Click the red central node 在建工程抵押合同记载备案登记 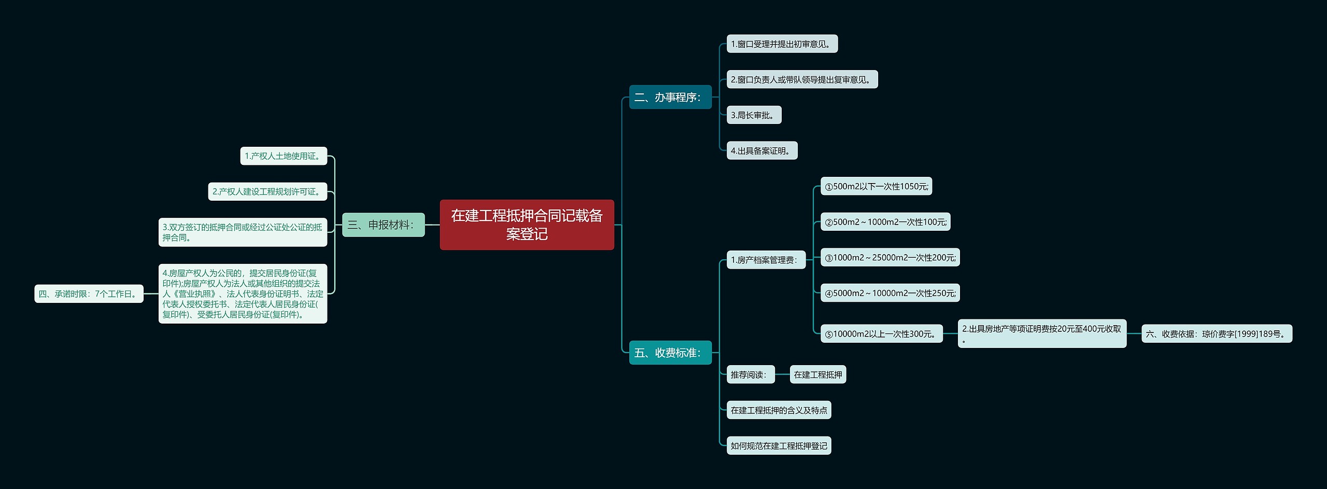(527, 225)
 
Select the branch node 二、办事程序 (670, 97)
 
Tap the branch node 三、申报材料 (383, 225)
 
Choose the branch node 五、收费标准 (670, 353)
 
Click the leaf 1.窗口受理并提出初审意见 (782, 44)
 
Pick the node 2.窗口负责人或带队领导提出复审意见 (802, 79)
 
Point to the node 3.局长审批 (754, 115)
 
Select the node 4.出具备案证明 (761, 151)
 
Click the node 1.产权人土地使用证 (284, 156)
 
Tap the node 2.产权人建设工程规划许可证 (267, 191)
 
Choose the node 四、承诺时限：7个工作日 (89, 294)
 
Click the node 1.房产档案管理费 (766, 260)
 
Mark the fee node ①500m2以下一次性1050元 (876, 186)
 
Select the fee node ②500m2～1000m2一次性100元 (885, 222)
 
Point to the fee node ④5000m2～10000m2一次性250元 (890, 293)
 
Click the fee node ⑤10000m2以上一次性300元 (881, 334)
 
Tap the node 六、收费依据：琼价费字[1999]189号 (1217, 334)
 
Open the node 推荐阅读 (750, 374)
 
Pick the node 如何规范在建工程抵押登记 (779, 445)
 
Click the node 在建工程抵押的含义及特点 (779, 410)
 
